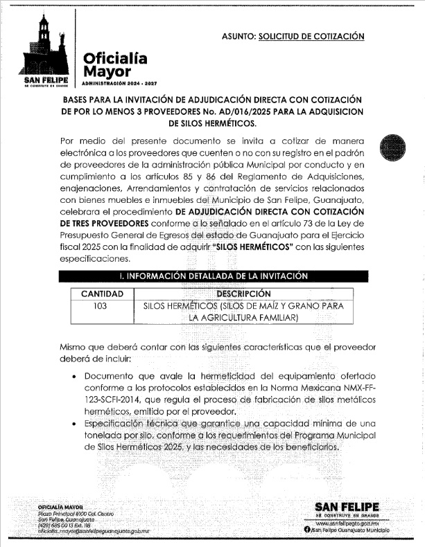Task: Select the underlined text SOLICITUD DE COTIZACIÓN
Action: (x=311, y=35)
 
